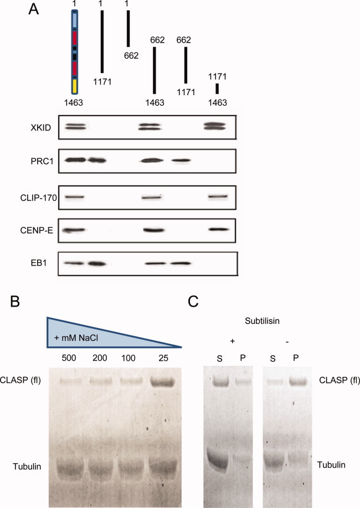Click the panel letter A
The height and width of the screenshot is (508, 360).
pyautogui.click(x=34, y=9)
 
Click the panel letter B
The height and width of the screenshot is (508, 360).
pyautogui.click(x=16, y=301)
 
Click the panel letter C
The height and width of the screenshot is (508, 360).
pyautogui.click(x=193, y=301)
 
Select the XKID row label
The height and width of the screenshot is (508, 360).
pyautogui.click(x=41, y=128)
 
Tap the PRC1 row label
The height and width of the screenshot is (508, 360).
pyautogui.click(x=42, y=161)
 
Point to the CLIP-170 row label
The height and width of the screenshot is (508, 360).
pyautogui.click(x=39, y=198)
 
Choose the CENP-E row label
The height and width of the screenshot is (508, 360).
pyautogui.click(x=37, y=231)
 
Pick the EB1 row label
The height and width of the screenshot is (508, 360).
pyautogui.click(x=39, y=263)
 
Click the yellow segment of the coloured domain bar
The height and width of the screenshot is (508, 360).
pyautogui.click(x=74, y=86)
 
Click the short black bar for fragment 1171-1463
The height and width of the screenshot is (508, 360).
pyautogui.click(x=217, y=89)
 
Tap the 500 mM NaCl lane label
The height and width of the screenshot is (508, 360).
pyautogui.click(x=69, y=358)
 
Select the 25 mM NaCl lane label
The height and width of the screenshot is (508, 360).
pyautogui.click(x=163, y=358)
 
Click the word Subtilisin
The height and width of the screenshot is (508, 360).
pyautogui.click(x=262, y=321)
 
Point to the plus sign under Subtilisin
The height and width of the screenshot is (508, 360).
pyautogui.click(x=232, y=341)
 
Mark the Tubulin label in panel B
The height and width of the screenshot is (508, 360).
pyautogui.click(x=27, y=466)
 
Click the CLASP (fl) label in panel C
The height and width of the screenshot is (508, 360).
pyautogui.click(x=340, y=380)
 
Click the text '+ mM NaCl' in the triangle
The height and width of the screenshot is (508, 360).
pyautogui.click(x=76, y=338)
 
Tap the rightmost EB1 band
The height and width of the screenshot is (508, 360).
pyautogui.click(x=181, y=263)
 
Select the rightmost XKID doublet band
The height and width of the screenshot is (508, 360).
pyautogui.click(x=214, y=126)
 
